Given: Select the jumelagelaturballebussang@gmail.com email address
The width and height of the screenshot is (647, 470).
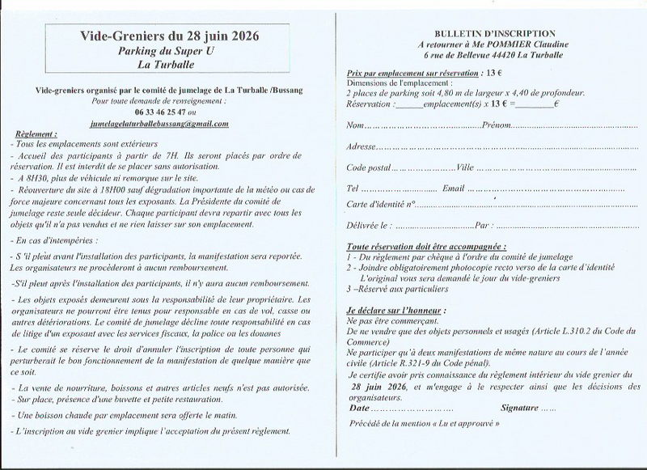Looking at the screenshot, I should [161, 124].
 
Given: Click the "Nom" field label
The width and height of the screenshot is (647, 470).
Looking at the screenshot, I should [354, 126].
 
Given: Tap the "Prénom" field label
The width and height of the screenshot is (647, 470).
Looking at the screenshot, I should [497, 126].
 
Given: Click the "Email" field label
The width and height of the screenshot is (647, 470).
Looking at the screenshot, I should [454, 188].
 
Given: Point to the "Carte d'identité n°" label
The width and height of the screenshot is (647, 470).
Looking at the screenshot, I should [380, 204].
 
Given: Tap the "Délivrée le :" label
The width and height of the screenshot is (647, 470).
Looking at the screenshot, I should [369, 225].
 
